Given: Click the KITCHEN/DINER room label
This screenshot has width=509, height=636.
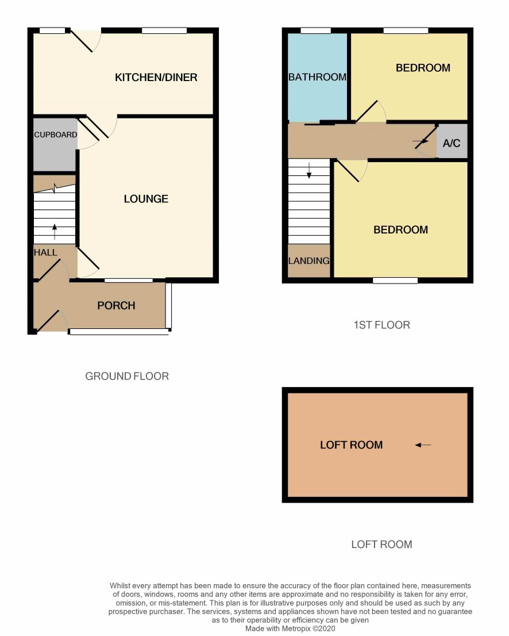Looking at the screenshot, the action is (x=156, y=78).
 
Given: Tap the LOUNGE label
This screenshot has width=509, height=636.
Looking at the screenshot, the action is (x=146, y=199).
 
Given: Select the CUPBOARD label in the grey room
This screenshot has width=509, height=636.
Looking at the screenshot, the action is (x=56, y=135).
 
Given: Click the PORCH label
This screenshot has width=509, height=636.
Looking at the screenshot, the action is (x=116, y=305).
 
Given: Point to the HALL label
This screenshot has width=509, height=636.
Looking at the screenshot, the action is (x=45, y=252).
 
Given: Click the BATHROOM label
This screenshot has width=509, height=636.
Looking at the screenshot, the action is (x=317, y=77).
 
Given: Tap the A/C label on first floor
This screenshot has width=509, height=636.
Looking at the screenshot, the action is (x=452, y=143).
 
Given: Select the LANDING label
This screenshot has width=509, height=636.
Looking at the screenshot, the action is (x=309, y=261).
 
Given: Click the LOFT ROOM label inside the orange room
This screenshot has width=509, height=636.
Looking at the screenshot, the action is (x=352, y=445).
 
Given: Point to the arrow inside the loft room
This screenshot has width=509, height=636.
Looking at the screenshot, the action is (x=423, y=445).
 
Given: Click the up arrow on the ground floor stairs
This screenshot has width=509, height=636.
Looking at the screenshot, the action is (x=55, y=232).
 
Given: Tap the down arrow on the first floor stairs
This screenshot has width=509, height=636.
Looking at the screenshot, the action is (x=309, y=171).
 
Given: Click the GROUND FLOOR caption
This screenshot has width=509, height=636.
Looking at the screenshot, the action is (x=127, y=377).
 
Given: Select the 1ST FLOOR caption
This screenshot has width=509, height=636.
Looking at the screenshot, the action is (x=381, y=325).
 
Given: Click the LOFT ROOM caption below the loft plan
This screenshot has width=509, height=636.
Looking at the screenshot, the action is (x=381, y=545).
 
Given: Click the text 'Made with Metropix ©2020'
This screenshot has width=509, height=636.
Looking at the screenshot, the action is (x=290, y=629).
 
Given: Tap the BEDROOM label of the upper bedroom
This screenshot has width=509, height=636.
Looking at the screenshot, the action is (x=423, y=68).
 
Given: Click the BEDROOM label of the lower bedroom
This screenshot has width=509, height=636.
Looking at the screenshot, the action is (x=401, y=230).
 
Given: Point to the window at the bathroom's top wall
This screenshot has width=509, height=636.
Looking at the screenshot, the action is (x=316, y=30).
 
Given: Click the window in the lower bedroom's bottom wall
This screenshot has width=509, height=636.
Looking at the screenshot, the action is (x=395, y=280).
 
